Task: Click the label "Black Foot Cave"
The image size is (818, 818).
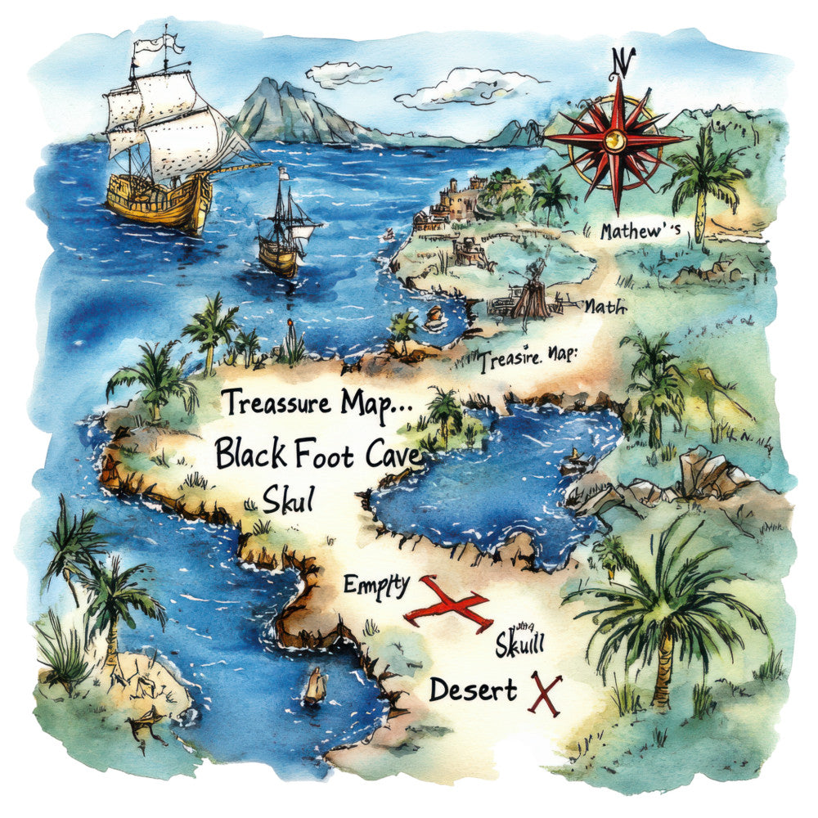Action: coord(319,452)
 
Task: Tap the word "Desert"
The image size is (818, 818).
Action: coord(473,690)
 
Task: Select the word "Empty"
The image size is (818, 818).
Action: coord(376,585)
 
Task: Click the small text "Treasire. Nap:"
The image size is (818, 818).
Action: coord(528,358)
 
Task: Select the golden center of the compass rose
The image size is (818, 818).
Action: coord(615,141)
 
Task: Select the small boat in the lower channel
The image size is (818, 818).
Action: coord(314,685)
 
